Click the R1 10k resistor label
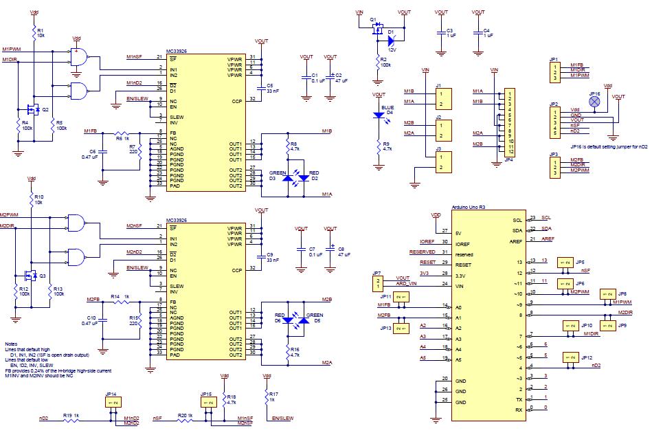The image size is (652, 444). [40, 32]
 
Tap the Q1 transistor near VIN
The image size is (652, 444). [376, 29]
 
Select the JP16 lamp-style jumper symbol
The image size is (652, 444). [595, 101]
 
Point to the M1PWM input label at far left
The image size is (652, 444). [12, 49]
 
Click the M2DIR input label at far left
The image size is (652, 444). [8, 225]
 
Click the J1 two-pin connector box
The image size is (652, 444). [442, 99]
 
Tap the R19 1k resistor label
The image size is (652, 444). [71, 415]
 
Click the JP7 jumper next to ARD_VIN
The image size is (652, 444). [376, 283]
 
